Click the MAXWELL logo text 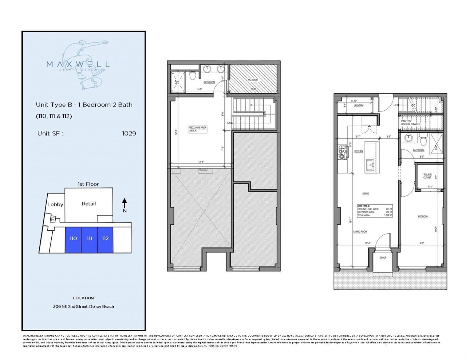[x=78, y=64]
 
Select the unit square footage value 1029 [x=129, y=134]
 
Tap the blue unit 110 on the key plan [x=73, y=238]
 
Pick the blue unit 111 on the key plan [x=89, y=238]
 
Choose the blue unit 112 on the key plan [x=105, y=238]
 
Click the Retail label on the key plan [x=89, y=204]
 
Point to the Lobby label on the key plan [x=55, y=205]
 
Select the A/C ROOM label [x=253, y=80]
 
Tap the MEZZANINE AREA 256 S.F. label [x=198, y=129]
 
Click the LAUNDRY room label [x=359, y=106]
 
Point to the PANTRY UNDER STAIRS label [x=410, y=123]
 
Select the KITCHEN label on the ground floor [x=359, y=151]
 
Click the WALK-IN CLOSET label [x=427, y=176]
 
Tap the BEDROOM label [x=423, y=217]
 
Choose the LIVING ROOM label [x=360, y=232]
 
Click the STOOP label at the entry [x=383, y=258]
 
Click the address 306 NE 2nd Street [x=83, y=306]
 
